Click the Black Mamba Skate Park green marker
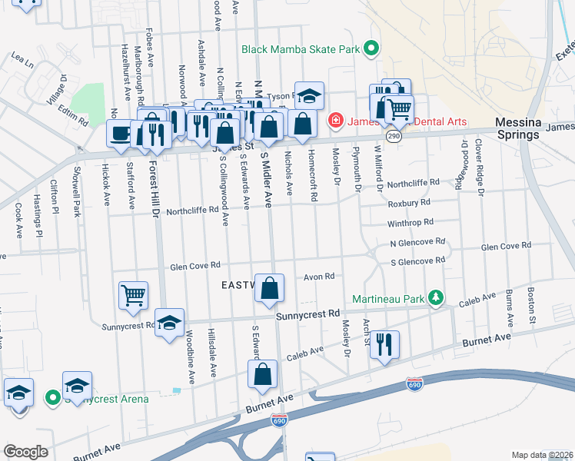pyautogui.click(x=371, y=49)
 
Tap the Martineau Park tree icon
pyautogui.click(x=436, y=297)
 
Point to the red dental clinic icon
pyautogui.click(x=334, y=121)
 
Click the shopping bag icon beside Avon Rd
pyautogui.click(x=269, y=290)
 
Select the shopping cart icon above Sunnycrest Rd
pyautogui.click(x=134, y=295)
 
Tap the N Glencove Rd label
pyautogui.click(x=417, y=241)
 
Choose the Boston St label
pyautogui.click(x=531, y=304)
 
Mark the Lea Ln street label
pyautogui.click(x=22, y=58)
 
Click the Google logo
pyautogui.click(x=25, y=452)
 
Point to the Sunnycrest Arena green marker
pyautogui.click(x=53, y=398)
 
